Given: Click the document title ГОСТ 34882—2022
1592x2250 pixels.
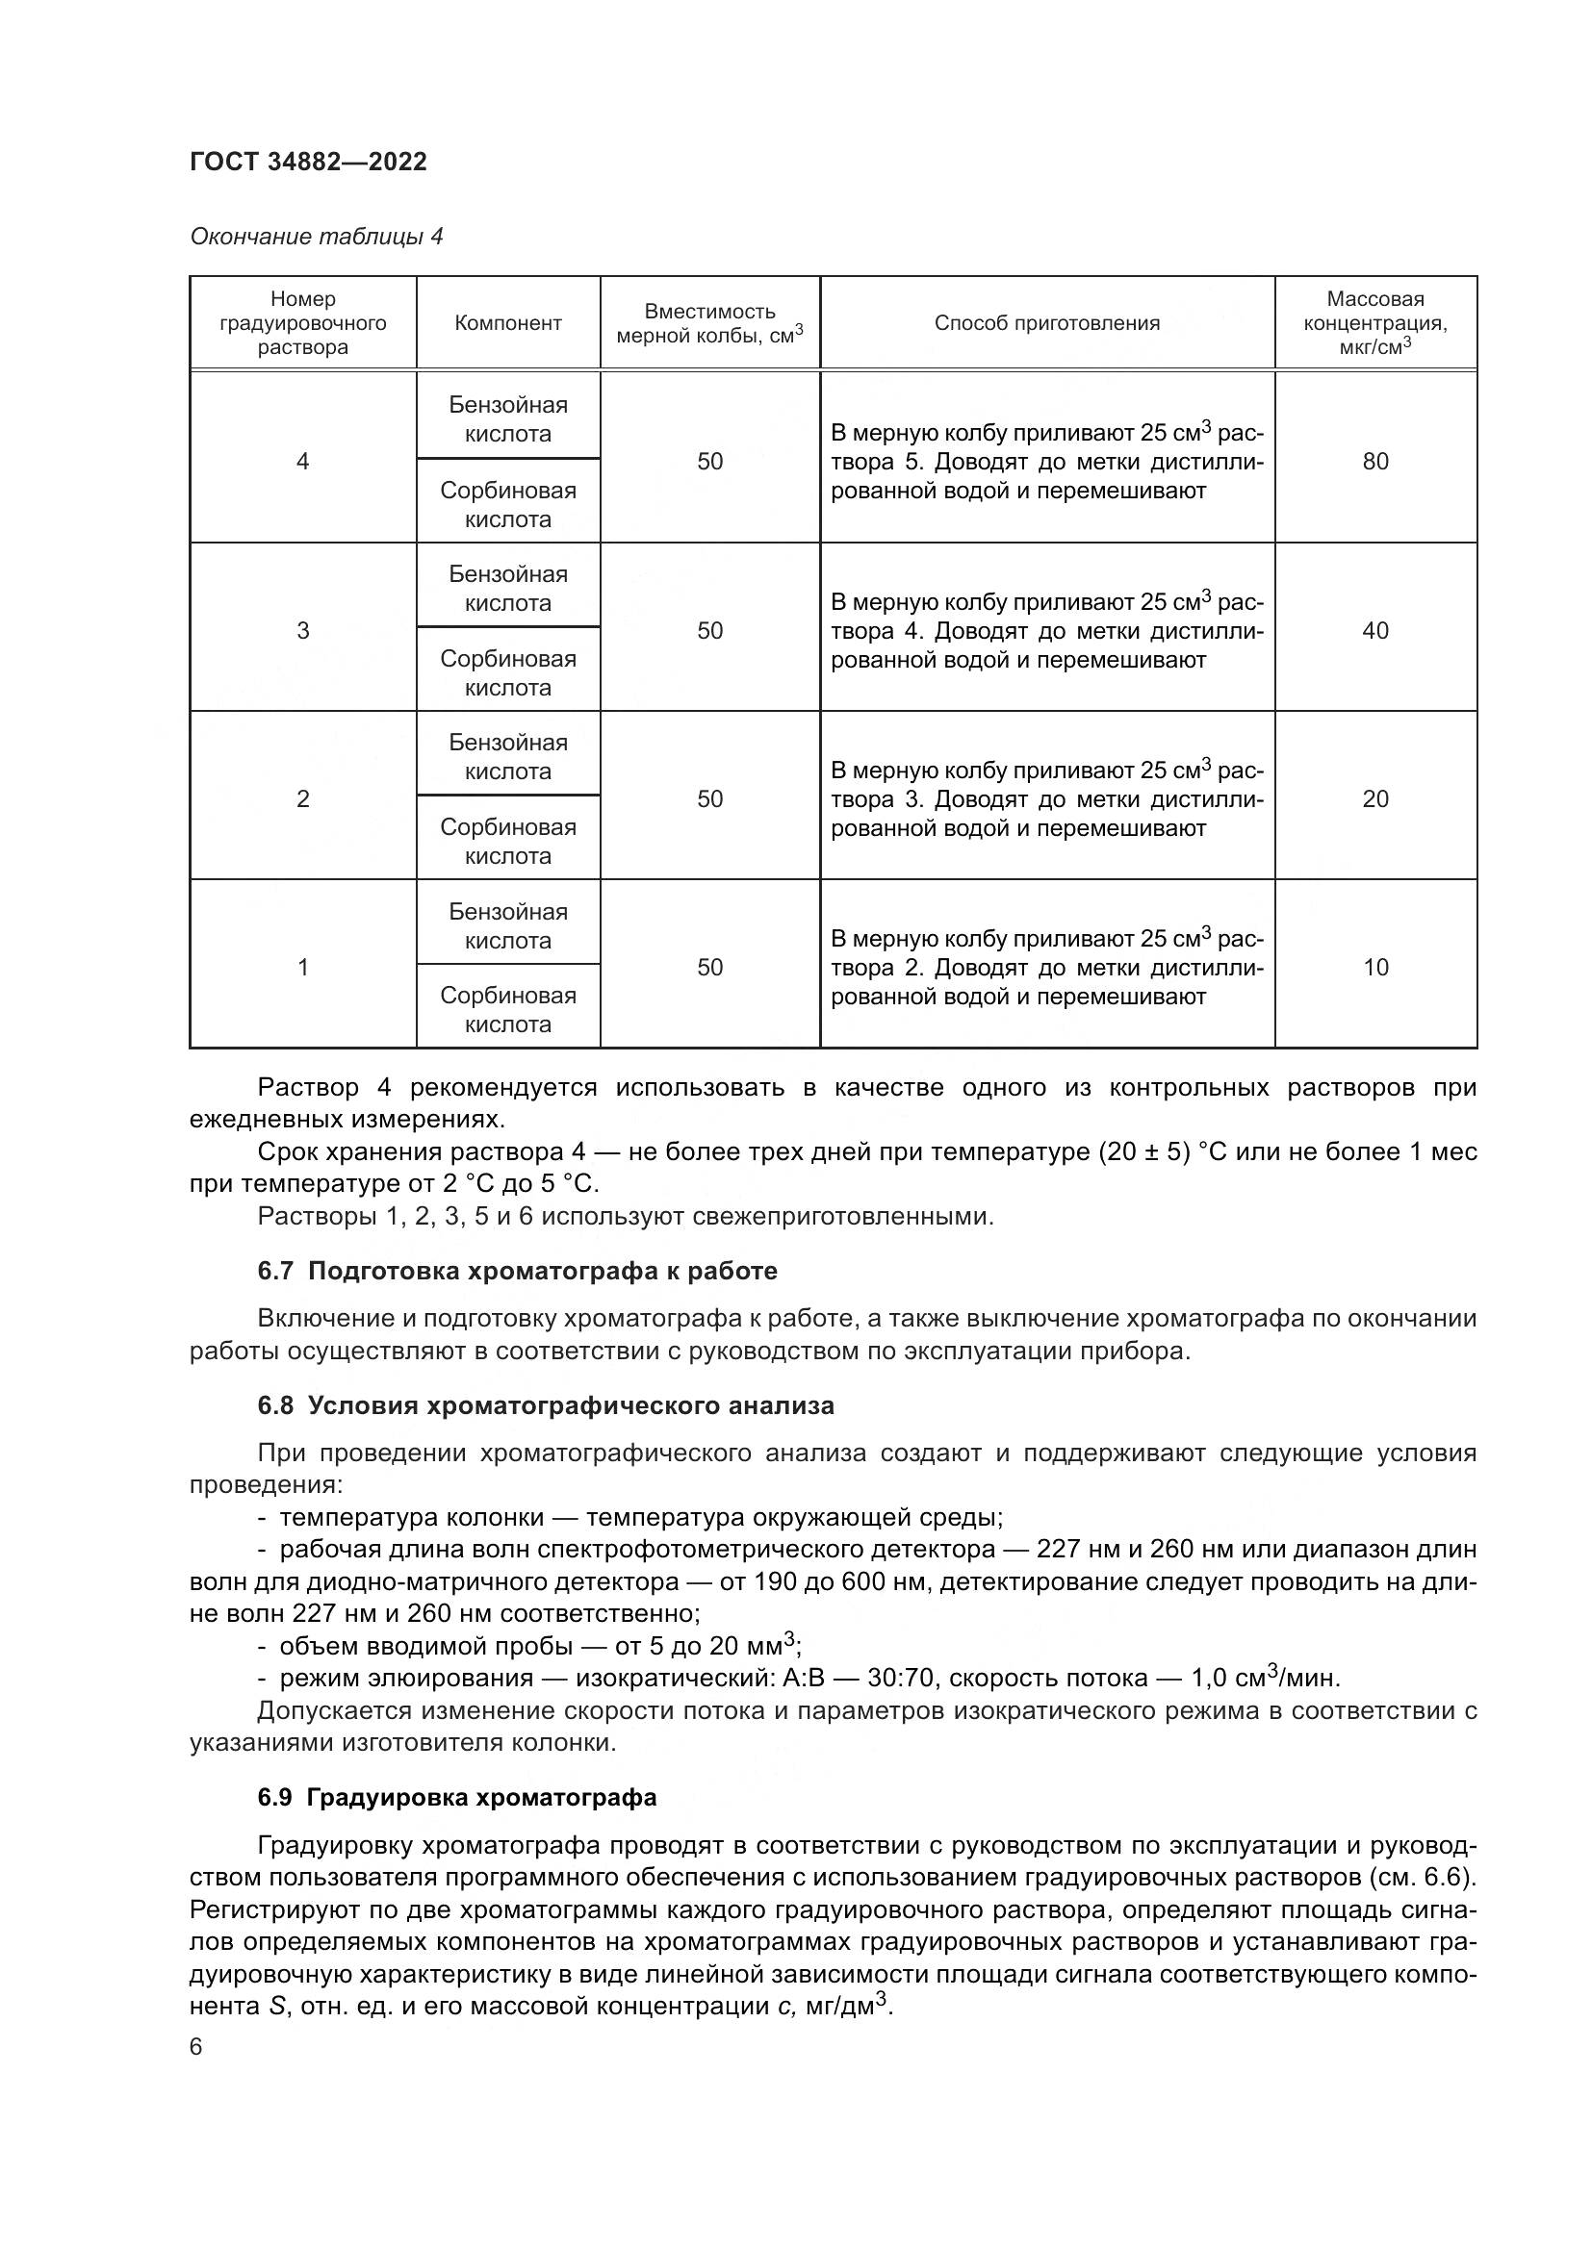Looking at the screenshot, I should click(x=308, y=162).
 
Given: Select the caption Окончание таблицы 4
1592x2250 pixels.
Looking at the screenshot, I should click(x=316, y=237).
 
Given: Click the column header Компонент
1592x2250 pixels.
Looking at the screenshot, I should click(x=508, y=323).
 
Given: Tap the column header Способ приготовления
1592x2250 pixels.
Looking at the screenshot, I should click(x=1046, y=323).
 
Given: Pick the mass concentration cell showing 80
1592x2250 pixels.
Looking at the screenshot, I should click(x=1374, y=462).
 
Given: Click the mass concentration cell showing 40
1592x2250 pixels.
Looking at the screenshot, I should click(x=1374, y=630).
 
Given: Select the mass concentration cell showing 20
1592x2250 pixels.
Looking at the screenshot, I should click(x=1374, y=798).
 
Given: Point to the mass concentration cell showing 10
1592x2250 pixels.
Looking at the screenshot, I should click(x=1374, y=967).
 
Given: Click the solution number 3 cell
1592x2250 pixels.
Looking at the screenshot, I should click(x=303, y=630).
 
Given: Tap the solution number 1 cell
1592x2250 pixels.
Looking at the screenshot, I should click(x=303, y=967).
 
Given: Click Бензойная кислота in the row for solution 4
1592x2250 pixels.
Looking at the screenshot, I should click(x=508, y=419).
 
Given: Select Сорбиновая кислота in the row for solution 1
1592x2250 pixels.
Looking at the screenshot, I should click(x=508, y=1009).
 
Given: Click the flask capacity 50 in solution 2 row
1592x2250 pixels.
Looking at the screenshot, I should click(x=709, y=798).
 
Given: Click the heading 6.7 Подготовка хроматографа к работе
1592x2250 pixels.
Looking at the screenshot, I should click(x=517, y=1271).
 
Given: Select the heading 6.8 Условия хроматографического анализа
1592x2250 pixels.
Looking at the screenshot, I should click(x=545, y=1405).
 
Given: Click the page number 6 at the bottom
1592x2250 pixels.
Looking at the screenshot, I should click(x=196, y=2047).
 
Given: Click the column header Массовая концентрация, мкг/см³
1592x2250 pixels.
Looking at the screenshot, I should click(x=1374, y=322).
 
